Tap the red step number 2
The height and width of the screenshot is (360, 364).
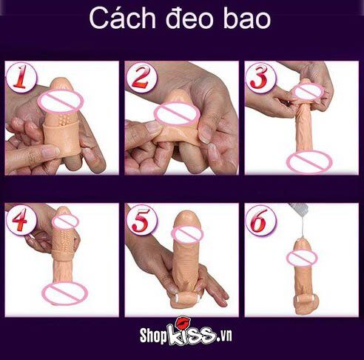tap(141, 78)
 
